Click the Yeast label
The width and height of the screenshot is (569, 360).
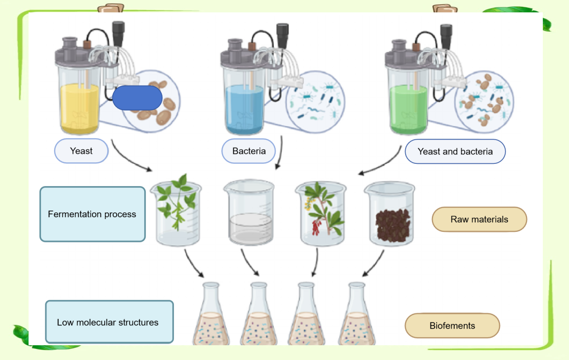(81, 151)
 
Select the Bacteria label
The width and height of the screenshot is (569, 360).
(249, 151)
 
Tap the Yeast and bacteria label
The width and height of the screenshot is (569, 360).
(455, 151)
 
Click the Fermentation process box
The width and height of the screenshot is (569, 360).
(92, 214)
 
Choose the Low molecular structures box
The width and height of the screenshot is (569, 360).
(109, 322)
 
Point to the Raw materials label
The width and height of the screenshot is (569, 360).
(479, 219)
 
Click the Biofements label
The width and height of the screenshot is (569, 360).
(452, 326)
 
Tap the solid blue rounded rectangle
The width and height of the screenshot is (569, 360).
(137, 98)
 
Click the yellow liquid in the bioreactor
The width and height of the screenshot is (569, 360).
(80, 108)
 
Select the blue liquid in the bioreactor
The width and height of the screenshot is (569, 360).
(244, 110)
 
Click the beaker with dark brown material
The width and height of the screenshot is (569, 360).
(390, 214)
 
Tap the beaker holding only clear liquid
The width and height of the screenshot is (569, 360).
(250, 213)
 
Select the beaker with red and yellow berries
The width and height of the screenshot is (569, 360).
(321, 214)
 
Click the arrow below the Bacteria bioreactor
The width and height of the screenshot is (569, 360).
(280, 152)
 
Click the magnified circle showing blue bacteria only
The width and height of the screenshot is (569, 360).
(315, 102)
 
